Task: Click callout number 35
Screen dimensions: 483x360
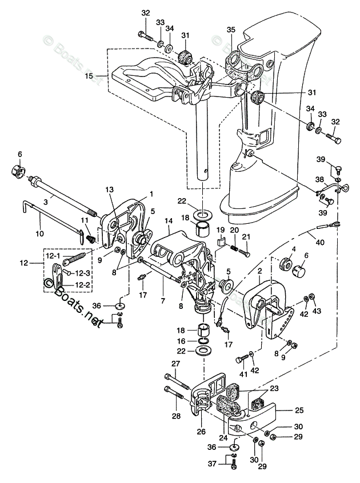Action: tap(231, 30)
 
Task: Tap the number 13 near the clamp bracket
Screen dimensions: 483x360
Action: tap(110, 190)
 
